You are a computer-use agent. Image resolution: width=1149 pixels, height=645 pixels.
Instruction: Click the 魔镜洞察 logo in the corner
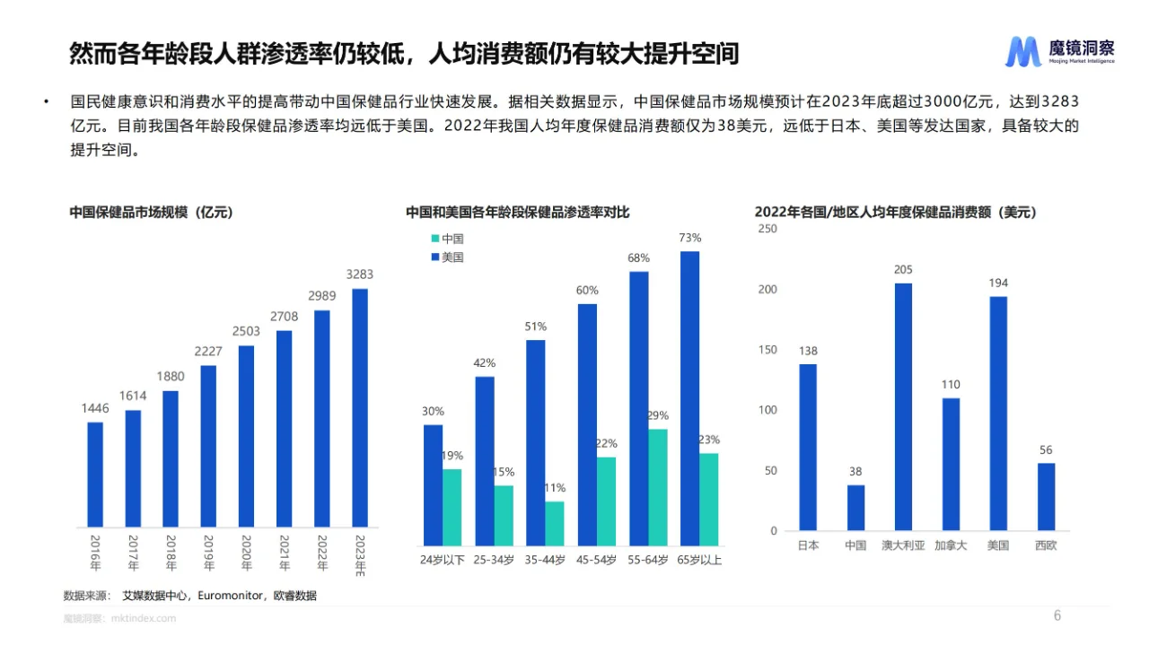point(1059,52)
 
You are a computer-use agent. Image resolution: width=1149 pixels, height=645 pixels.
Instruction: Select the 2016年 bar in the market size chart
point(95,474)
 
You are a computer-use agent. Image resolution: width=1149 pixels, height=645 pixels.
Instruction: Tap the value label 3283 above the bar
point(359,275)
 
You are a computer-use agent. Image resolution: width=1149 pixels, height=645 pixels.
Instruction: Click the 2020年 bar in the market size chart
point(246,436)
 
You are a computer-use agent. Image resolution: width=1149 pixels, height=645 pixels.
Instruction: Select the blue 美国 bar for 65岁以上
point(689,398)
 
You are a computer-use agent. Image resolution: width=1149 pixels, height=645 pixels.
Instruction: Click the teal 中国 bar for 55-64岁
point(658,487)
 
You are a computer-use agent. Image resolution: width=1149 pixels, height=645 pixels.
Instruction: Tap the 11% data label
point(555,488)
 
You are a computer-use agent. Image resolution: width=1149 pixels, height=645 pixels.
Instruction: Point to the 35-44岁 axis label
point(545,560)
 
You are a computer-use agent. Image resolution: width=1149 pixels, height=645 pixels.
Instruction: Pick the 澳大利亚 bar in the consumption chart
point(903,406)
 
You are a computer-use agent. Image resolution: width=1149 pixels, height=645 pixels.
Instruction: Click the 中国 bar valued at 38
point(855,507)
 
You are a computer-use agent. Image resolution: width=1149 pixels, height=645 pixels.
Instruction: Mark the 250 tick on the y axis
point(767,229)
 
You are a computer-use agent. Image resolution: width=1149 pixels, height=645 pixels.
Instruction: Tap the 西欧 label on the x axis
point(1046,545)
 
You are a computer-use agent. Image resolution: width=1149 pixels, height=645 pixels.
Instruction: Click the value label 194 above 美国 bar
point(998,283)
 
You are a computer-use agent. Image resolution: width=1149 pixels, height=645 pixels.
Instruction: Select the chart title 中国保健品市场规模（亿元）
point(152,213)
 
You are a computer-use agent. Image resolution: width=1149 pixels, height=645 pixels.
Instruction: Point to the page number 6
point(1057,615)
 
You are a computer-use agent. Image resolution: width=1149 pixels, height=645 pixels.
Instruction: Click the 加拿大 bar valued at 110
point(951,464)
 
